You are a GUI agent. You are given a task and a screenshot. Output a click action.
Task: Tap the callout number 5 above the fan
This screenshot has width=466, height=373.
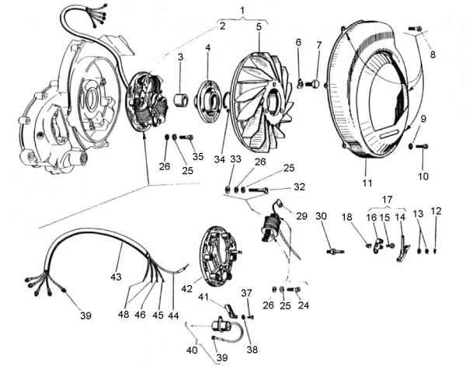pos(259,26)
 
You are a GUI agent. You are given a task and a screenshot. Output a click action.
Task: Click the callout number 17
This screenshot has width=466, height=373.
pos(387,199)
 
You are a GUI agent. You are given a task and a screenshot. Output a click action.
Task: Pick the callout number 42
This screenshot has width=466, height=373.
pos(186,289)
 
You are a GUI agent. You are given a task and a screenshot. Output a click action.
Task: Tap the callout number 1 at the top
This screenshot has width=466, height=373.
pos(243,12)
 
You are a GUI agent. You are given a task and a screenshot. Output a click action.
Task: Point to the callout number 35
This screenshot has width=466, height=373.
pos(198,157)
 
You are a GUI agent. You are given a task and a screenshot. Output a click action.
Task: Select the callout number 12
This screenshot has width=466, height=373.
pos(436,211)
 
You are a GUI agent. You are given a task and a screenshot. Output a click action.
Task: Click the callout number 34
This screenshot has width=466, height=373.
pos(220,160)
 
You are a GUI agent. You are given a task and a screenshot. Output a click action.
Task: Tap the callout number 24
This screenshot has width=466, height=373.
pos(304,305)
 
